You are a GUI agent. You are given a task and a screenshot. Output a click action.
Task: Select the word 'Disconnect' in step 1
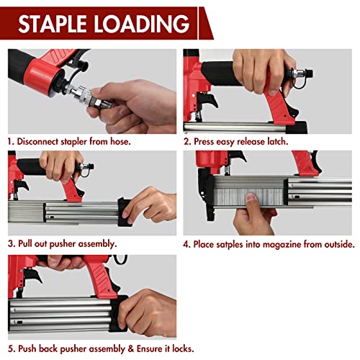pyautogui.click(x=40, y=143)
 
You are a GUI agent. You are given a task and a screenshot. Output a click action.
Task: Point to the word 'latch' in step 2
pyautogui.click(x=273, y=143)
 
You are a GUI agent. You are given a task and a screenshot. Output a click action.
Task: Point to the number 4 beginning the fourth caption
pyautogui.click(x=186, y=244)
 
